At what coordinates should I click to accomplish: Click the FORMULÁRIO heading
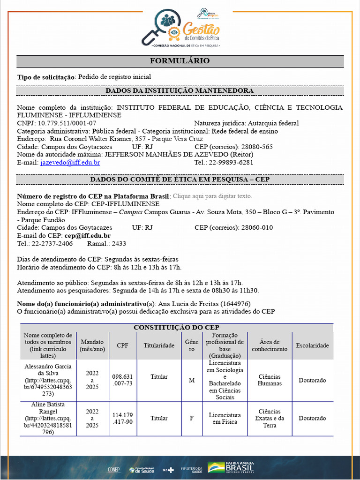(180, 61)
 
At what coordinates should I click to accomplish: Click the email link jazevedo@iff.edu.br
(70, 163)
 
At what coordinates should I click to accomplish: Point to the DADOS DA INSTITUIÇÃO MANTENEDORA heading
(180, 90)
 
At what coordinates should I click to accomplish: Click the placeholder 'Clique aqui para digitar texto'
(212, 196)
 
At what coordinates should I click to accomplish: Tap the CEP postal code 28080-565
(253, 147)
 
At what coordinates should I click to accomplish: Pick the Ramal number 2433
(118, 244)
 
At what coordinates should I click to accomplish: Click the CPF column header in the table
(123, 345)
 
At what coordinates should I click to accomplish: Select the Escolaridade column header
(312, 345)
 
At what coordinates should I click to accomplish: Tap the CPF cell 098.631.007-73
(123, 380)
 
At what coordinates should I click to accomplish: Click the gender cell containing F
(191, 418)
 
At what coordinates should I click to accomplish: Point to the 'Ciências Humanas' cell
(270, 380)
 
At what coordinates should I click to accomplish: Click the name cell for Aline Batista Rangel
(48, 418)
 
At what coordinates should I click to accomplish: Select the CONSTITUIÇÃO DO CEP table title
(177, 327)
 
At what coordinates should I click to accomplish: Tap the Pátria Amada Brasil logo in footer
(232, 467)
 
